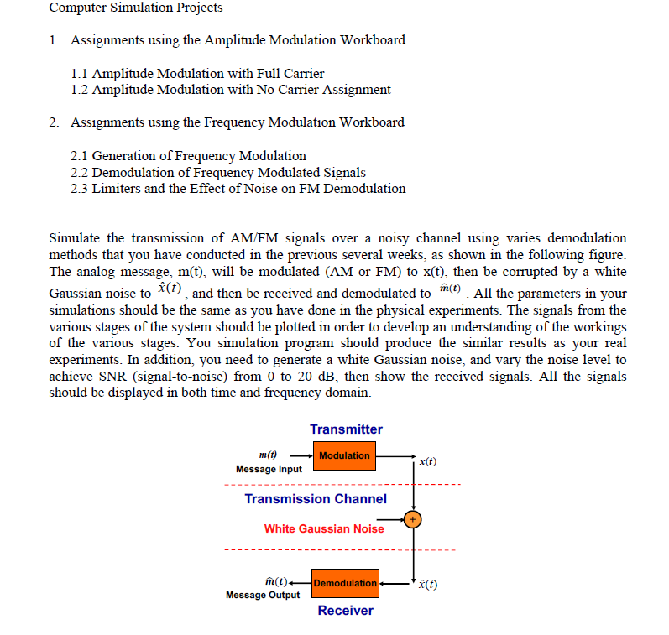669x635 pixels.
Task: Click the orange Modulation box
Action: click(x=344, y=456)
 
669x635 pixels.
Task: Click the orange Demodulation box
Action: click(x=345, y=583)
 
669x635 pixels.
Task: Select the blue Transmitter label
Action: click(x=346, y=429)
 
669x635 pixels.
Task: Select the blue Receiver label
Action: click(x=345, y=611)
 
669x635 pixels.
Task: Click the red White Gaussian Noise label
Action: click(x=323, y=528)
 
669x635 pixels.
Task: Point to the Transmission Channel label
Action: click(x=316, y=499)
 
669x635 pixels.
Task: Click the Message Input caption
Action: click(x=269, y=469)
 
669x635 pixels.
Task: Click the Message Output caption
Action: click(x=263, y=595)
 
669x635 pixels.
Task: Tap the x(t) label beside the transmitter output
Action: click(x=427, y=462)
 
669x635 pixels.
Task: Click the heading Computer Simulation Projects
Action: click(x=136, y=8)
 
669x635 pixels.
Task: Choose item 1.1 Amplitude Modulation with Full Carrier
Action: click(x=197, y=74)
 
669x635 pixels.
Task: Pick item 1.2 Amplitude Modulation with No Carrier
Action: click(x=231, y=90)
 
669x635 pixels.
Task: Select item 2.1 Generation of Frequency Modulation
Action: click(x=189, y=156)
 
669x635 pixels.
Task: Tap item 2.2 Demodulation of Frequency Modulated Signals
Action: click(x=218, y=172)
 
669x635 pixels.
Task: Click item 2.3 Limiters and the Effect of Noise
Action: click(x=238, y=189)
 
